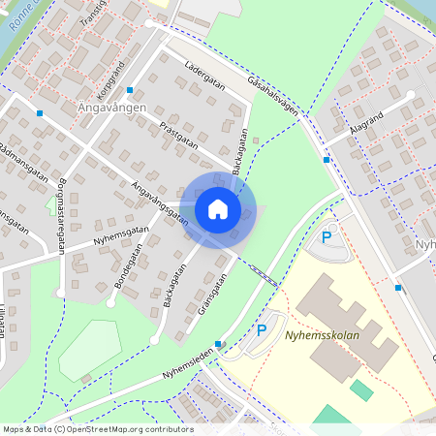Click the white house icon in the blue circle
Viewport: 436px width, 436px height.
pyautogui.click(x=218, y=209)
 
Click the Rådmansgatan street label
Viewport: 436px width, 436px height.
pyautogui.click(x=23, y=162)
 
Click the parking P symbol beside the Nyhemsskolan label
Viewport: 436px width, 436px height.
pyautogui.click(x=261, y=330)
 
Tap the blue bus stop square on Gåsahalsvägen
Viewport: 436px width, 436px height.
pyautogui.click(x=327, y=159)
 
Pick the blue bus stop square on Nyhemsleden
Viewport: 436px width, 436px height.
pyautogui.click(x=220, y=344)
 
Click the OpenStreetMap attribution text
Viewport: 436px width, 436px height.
pyautogui.click(x=98, y=429)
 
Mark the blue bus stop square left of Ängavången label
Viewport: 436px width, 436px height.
pyautogui.click(x=40, y=113)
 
